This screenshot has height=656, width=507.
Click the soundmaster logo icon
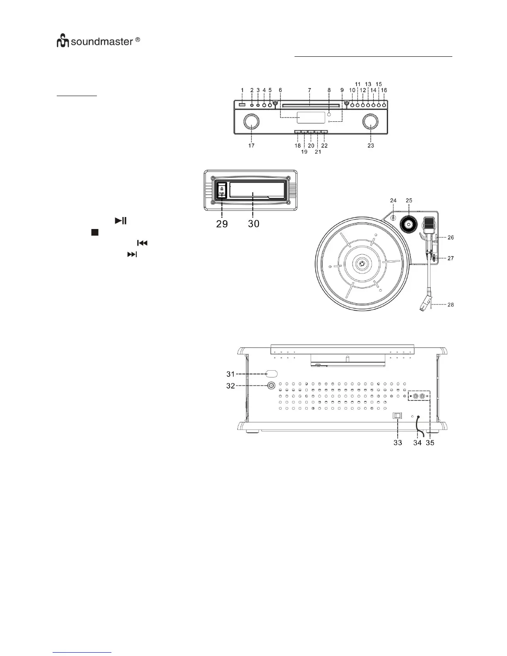click(63, 41)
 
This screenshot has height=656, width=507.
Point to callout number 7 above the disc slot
click(310, 90)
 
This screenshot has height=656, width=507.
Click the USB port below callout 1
click(242, 104)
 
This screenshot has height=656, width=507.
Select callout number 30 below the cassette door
click(254, 224)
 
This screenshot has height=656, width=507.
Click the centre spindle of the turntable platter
click(362, 263)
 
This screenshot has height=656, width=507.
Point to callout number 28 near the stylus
click(450, 305)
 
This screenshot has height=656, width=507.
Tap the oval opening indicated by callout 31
click(271, 374)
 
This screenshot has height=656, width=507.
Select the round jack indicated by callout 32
click(271, 386)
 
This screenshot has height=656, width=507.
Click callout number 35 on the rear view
click(430, 443)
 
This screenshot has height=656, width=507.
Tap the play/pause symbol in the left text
click(121, 221)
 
